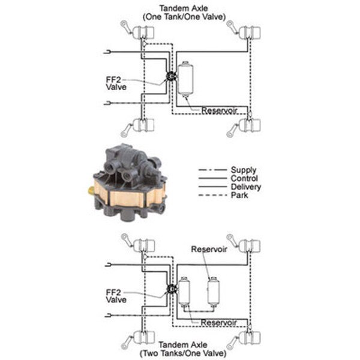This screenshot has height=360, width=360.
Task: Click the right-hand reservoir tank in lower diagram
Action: [x=213, y=290]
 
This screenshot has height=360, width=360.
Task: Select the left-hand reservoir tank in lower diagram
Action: [x=184, y=290]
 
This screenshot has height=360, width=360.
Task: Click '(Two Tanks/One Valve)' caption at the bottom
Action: [x=184, y=354]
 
